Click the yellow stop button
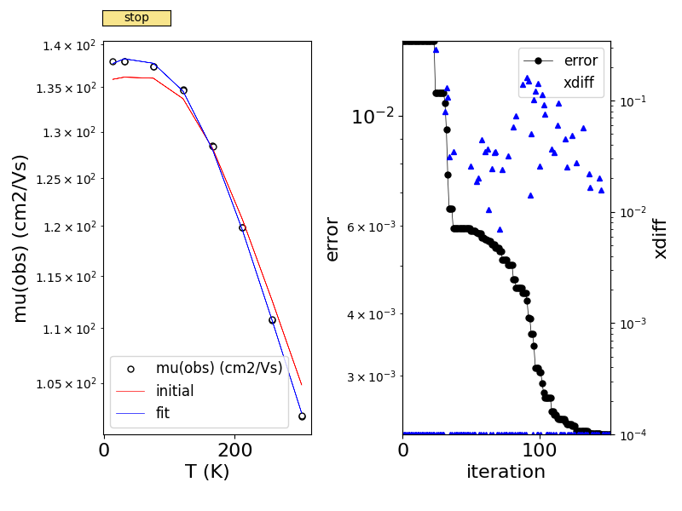point(136,18)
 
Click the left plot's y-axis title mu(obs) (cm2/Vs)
point(20,238)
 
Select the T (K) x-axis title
point(207,471)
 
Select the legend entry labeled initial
point(174,391)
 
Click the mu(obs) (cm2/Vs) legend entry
point(218,368)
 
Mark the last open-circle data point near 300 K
point(302,416)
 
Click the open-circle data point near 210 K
point(242,227)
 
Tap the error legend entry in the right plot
point(581,60)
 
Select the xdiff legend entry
point(579,83)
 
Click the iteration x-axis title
point(506,471)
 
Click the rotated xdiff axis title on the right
point(661,238)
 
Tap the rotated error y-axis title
point(332,238)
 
